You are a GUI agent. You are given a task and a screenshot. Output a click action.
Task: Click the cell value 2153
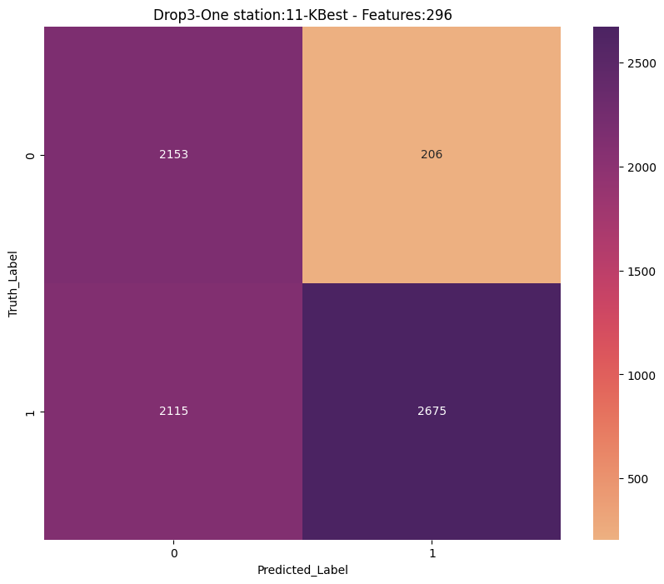click(x=173, y=155)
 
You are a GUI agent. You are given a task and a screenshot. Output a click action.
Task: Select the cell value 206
click(x=432, y=155)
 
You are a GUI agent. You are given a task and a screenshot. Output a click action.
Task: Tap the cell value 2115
click(x=173, y=412)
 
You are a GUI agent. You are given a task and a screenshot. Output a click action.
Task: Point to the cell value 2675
click(x=432, y=412)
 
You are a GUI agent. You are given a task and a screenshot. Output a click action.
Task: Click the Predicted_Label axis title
click(x=302, y=570)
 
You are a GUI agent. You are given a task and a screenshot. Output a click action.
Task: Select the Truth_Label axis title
click(x=12, y=284)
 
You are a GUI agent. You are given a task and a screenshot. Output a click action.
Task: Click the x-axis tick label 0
click(x=174, y=553)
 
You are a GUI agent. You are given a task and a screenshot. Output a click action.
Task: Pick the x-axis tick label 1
click(x=432, y=553)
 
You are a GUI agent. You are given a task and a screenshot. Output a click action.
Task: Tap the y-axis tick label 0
click(x=30, y=156)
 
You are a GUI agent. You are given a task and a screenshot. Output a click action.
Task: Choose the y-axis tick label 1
click(x=30, y=412)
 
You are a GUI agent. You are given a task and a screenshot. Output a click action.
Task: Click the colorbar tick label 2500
click(x=642, y=63)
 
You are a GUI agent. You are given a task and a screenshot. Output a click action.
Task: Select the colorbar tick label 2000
click(x=642, y=167)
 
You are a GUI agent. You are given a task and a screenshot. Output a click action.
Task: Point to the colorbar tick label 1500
click(x=642, y=272)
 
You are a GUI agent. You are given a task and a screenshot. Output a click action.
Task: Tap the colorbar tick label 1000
click(x=642, y=376)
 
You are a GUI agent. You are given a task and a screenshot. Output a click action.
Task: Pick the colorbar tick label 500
click(x=638, y=479)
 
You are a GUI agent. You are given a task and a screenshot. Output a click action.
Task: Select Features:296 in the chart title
click(x=407, y=15)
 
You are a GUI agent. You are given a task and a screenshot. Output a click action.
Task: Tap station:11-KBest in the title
click(x=291, y=15)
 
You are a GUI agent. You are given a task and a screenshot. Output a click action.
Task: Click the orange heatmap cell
click(x=432, y=155)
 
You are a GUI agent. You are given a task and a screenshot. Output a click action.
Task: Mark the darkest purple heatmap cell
click(x=432, y=412)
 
